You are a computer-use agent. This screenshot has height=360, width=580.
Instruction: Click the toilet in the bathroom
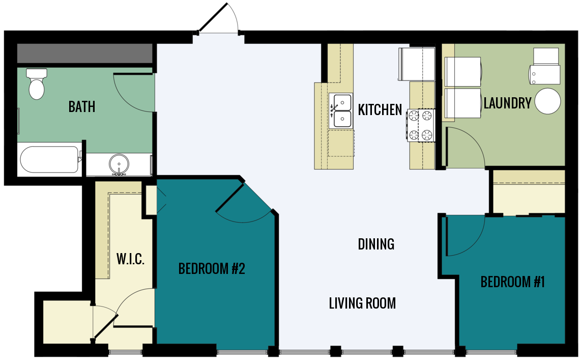[37, 84]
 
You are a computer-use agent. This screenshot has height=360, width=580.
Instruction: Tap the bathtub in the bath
[49, 159]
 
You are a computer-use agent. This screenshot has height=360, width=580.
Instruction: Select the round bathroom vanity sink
[119, 164]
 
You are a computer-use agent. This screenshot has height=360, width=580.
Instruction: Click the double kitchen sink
[341, 110]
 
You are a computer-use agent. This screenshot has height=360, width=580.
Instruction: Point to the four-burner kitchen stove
[420, 125]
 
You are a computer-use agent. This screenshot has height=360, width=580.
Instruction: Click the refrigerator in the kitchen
[417, 64]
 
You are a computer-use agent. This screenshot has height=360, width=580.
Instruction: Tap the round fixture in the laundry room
[547, 101]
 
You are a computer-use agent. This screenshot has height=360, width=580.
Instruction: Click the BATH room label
[82, 107]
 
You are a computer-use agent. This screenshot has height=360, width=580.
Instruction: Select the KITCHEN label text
[380, 110]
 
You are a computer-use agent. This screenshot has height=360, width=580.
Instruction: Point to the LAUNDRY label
[507, 103]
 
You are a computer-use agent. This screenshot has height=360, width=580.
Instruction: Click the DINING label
[376, 244]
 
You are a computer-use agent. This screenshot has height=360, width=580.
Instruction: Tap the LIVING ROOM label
[362, 304]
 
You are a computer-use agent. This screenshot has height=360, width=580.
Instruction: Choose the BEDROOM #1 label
[512, 282]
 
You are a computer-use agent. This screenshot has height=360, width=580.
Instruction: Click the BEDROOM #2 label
[212, 269]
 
